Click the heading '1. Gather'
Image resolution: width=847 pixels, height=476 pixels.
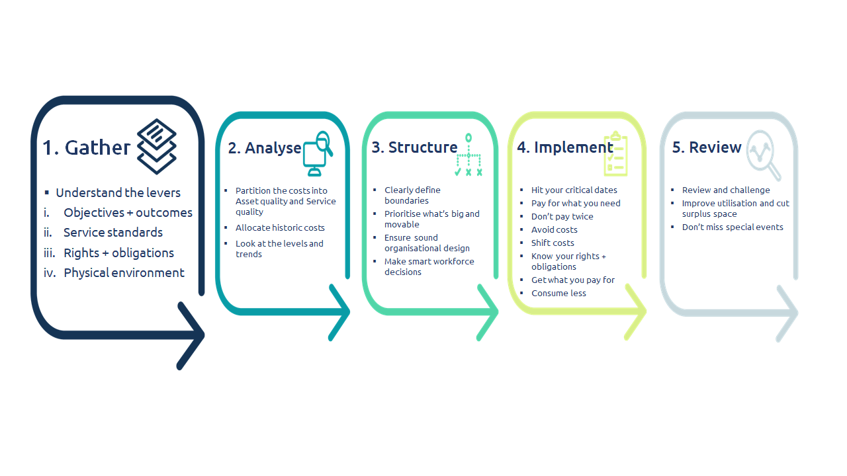pos(86,147)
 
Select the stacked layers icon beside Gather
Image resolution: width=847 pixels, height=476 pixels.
pos(157,147)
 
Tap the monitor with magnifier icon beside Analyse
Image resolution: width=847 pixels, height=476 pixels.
pos(318,153)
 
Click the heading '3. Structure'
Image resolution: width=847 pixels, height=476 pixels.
pos(414,147)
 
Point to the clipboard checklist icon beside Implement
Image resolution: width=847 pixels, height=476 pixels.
pos(615,153)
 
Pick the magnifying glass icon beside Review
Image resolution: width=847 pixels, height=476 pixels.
pos(764,155)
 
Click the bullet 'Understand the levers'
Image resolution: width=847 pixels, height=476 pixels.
pos(118,192)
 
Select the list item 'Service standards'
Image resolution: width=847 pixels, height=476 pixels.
pos(113,232)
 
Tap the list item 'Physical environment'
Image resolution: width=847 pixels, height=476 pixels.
pos(124,273)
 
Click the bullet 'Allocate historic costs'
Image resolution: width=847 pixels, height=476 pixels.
pos(280,228)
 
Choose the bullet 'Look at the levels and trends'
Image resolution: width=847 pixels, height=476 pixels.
pos(279,249)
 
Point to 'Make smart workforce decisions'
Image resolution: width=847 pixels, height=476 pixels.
pos(429,266)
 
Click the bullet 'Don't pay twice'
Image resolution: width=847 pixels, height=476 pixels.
pos(562,216)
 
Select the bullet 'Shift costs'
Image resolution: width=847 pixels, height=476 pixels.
pos(553,243)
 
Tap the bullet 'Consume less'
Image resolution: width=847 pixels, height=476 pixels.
pos(559,293)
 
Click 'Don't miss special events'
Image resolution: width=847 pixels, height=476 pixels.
pos(733,227)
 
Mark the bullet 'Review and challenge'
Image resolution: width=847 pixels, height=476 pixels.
pos(726,190)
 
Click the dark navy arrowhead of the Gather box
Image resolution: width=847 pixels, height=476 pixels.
pos(191,336)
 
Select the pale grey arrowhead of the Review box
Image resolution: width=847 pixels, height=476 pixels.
pos(787,313)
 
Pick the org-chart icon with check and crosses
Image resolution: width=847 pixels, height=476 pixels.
pos(468,155)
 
